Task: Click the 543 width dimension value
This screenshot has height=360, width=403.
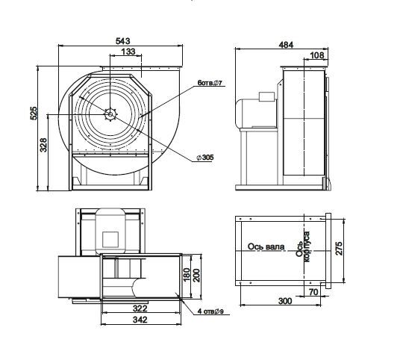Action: coord(123,41)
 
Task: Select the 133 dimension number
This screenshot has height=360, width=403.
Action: coord(128,52)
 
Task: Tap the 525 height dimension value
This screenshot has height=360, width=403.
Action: coord(34,114)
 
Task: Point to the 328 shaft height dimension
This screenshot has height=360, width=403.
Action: coord(43,145)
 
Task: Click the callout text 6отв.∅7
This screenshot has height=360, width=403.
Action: coord(210,83)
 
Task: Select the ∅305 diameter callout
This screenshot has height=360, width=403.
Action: coord(205,157)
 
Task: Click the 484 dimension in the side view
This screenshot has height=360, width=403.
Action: coord(286,45)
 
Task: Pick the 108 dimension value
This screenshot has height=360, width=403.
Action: coord(317,55)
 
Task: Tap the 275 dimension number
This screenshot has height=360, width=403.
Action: coord(339,249)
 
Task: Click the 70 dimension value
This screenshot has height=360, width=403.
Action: coord(313,292)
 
